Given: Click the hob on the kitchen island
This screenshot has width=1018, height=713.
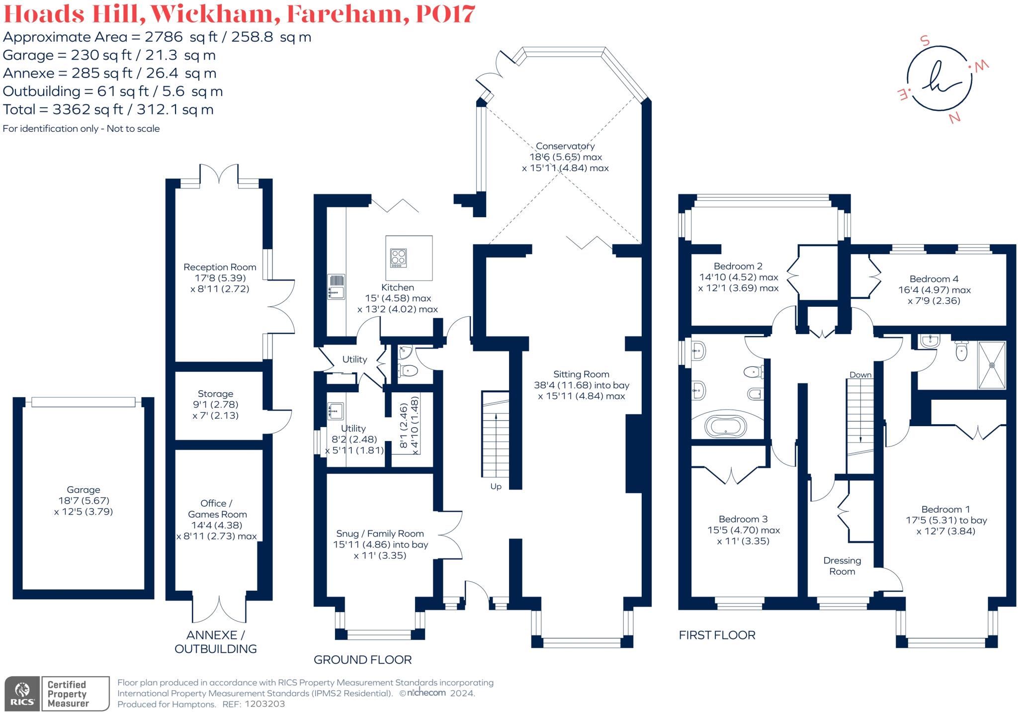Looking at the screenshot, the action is click(398, 258).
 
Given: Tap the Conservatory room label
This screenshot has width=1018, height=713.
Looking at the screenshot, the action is click(565, 146).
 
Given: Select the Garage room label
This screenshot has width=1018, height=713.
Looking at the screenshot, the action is click(84, 490).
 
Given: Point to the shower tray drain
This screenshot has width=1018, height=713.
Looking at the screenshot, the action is click(992, 365).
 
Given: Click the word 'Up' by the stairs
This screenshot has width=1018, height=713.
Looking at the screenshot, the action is click(496, 487).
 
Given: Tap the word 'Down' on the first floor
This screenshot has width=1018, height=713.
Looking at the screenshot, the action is click(860, 375).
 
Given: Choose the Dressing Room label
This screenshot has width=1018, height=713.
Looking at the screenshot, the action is click(842, 566).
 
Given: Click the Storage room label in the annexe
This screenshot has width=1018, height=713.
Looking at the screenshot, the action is click(215, 394).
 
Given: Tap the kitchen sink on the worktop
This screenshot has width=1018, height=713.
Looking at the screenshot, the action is click(336, 287).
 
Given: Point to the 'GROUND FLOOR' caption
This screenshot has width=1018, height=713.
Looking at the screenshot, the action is click(363, 660).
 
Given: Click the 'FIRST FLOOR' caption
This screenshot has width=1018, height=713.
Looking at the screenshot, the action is click(717, 635).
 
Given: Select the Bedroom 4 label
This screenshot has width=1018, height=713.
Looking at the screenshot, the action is click(934, 279).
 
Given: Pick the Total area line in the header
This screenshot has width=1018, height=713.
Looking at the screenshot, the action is click(108, 109).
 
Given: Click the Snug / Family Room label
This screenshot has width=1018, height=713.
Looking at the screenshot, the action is click(380, 534).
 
